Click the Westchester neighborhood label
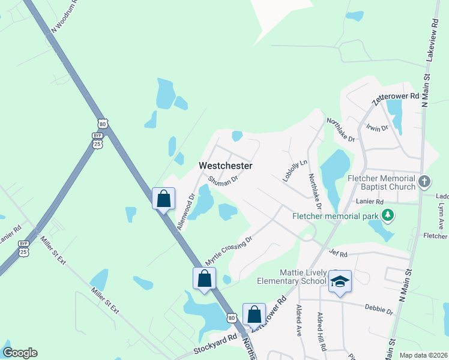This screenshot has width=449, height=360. point(226,166)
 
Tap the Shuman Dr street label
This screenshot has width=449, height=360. point(224,178)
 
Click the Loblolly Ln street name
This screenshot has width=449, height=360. point(295,170)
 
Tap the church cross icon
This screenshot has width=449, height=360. point(424,181)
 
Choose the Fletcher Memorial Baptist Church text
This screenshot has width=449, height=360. point(382,182)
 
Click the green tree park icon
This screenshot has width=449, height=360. point(388,214)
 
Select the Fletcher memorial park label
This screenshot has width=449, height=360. point(337,216)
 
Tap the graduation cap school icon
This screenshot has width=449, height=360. point(339,281)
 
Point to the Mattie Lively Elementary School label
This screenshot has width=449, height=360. point(291,277)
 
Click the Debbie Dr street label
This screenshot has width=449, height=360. point(379,310)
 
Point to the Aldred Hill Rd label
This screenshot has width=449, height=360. point(322,331)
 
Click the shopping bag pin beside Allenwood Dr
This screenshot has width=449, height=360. point(164,199)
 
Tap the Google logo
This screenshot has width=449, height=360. point(20,353)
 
